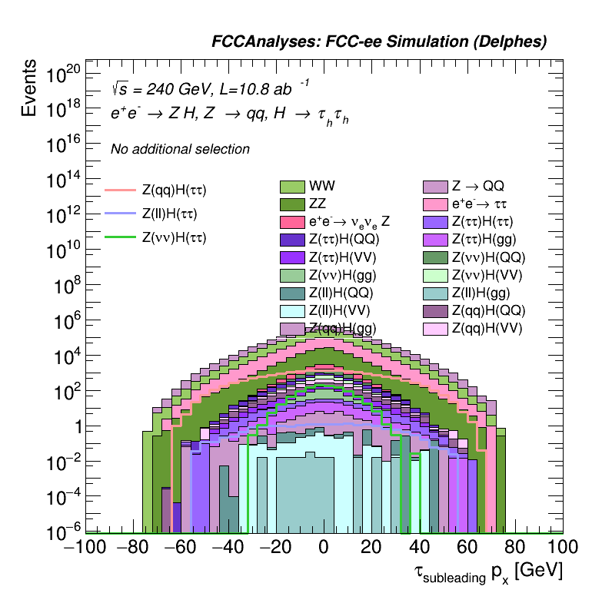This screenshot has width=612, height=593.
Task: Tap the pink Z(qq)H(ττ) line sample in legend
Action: [x=120, y=190]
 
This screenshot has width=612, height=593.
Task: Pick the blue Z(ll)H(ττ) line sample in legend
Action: [x=120, y=214]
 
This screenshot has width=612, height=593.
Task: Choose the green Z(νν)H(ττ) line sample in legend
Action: [x=120, y=237]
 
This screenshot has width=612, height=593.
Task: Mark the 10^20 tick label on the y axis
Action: [x=63, y=75]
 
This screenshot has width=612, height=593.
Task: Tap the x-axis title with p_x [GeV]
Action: [x=487, y=571]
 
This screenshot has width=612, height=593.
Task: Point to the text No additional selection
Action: [x=180, y=149]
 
